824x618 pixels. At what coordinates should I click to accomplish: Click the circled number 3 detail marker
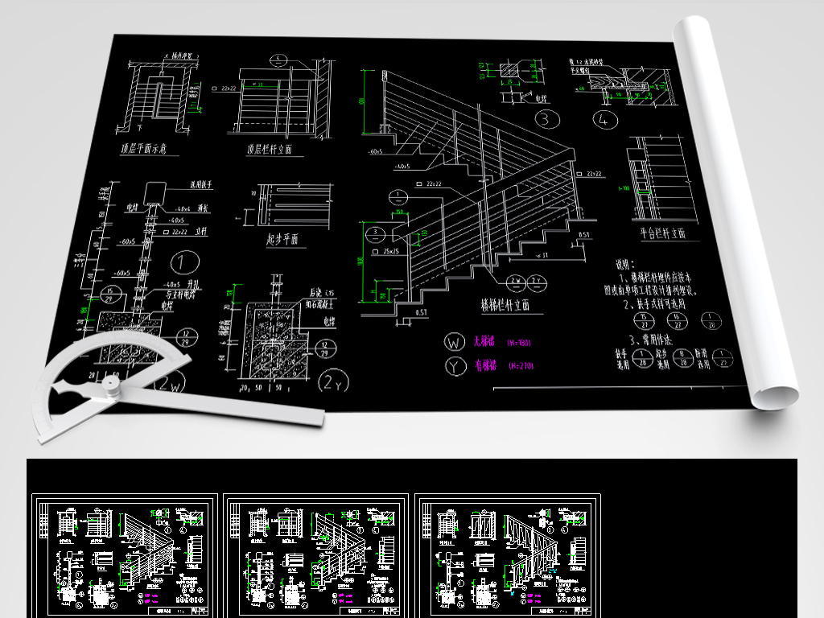click(x=548, y=122)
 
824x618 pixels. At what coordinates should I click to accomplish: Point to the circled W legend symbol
click(x=455, y=342)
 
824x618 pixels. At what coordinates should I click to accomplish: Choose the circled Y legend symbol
click(x=455, y=366)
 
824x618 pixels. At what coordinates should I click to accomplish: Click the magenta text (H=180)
click(x=519, y=343)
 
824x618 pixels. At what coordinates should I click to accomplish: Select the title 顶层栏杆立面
click(x=270, y=150)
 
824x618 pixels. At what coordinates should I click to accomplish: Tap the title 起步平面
click(x=282, y=239)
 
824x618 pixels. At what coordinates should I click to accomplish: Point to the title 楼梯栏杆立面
click(x=511, y=306)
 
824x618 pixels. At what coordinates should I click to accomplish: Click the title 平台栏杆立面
click(x=662, y=233)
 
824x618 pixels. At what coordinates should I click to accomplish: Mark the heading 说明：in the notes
click(x=625, y=264)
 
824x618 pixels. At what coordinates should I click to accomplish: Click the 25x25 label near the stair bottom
click(x=392, y=252)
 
